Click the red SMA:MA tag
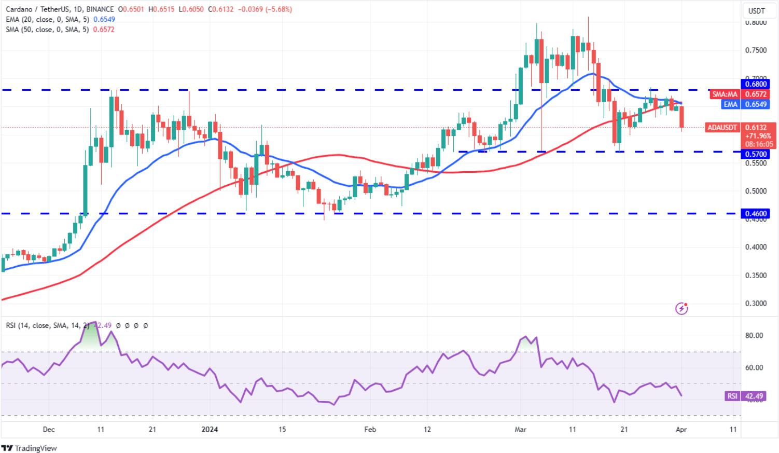[x=725, y=94]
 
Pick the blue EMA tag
[x=730, y=104]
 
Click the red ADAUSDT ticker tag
[x=721, y=128]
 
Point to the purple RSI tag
[x=732, y=396]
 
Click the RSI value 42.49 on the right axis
[x=754, y=396]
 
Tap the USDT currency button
[x=756, y=10]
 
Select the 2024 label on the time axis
[x=210, y=430]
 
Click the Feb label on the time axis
[x=370, y=430]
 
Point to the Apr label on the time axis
[x=681, y=430]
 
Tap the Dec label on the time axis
[x=48, y=430]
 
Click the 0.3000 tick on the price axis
[x=756, y=304]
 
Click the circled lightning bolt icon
[x=681, y=309]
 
